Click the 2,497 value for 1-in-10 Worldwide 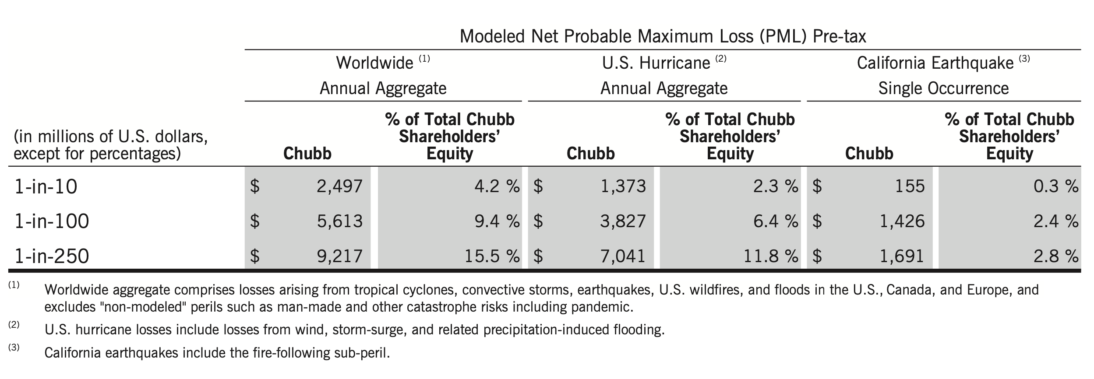point(339,186)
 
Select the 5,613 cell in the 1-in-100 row point(339,221)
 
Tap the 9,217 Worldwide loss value point(339,256)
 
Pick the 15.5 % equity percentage point(492,256)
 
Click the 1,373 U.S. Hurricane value point(623,186)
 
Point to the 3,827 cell point(623,221)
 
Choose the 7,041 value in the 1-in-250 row point(623,256)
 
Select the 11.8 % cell point(771,256)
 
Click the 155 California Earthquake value point(910,186)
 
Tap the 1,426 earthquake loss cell point(902,221)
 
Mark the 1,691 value point(902,256)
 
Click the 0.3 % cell point(1055,186)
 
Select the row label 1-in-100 point(52,221)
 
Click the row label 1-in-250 point(52,256)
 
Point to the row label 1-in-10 point(46,187)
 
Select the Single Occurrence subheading point(943,88)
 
